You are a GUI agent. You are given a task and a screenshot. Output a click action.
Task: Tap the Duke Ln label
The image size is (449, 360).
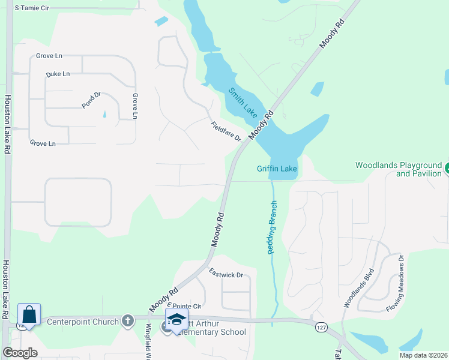tap(58, 74)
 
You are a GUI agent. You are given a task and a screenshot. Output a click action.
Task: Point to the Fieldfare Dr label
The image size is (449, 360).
tap(226, 131)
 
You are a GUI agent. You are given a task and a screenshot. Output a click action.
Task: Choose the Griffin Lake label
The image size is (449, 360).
tap(277, 169)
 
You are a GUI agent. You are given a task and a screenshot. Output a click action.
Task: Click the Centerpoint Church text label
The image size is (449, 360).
tap(83, 322)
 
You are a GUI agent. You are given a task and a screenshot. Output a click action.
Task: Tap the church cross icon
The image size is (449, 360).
tap(127, 321)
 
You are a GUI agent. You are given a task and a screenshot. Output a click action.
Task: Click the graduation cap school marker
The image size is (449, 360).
tap(176, 320)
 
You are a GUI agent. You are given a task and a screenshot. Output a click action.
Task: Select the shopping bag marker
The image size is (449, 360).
tap(29, 314)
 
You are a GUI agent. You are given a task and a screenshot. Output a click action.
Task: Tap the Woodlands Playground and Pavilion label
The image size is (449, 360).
tap(398, 169)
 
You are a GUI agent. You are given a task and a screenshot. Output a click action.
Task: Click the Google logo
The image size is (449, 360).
tap(20, 353)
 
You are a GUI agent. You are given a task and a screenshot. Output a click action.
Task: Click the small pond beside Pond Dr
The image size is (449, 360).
tap(104, 113)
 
